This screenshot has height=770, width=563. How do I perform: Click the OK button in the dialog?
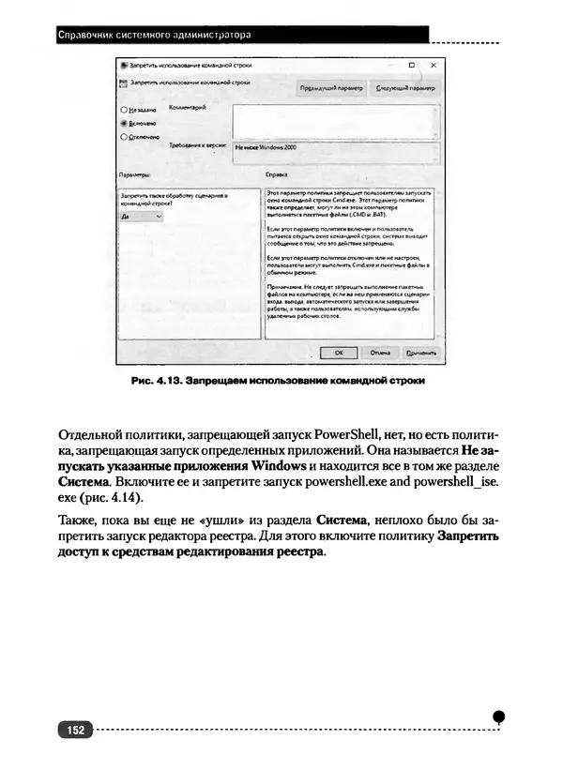(x=339, y=352)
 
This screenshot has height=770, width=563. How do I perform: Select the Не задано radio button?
(x=124, y=111)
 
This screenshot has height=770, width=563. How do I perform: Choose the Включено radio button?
(x=124, y=123)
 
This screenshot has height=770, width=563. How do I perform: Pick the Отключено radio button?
(x=124, y=136)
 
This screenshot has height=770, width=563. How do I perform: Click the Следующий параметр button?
(x=406, y=86)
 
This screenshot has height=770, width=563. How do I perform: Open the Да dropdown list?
(x=142, y=216)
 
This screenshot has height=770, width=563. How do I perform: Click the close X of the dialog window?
(x=434, y=66)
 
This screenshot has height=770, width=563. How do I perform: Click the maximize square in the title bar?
(x=412, y=66)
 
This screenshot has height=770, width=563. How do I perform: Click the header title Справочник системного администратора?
(x=155, y=36)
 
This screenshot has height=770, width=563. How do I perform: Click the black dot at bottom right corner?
(x=499, y=717)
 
